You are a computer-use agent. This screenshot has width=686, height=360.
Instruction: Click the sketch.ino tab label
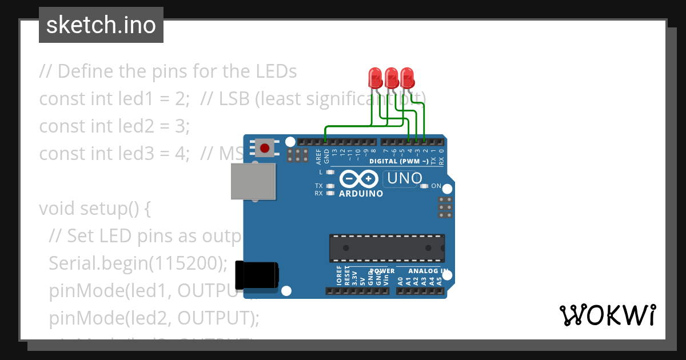[101, 25]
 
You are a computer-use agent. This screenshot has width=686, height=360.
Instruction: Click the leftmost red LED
[376, 78]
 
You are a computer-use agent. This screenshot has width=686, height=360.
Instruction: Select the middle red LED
[392, 78]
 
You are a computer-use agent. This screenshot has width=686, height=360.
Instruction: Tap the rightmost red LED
[407, 78]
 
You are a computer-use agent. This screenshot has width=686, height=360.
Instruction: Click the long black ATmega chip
[386, 247]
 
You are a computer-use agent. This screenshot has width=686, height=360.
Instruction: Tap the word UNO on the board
[404, 178]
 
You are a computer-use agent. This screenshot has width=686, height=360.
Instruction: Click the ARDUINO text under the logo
[361, 193]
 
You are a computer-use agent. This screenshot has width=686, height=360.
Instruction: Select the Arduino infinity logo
[358, 179]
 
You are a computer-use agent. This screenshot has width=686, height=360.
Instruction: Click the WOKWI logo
[607, 315]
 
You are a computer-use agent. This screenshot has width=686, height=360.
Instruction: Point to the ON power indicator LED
[424, 186]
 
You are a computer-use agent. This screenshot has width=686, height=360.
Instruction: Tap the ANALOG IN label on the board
[428, 271]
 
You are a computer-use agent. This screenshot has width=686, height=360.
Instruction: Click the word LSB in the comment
[233, 99]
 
